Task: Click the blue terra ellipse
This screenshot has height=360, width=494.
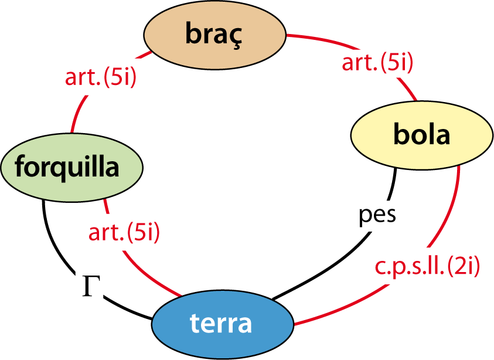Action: pyautogui.click(x=222, y=323)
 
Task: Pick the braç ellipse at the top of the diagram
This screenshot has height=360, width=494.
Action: pyautogui.click(x=214, y=34)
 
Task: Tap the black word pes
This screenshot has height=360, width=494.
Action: pyautogui.click(x=377, y=213)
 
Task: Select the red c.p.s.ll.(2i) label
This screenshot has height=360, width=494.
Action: pyautogui.click(x=427, y=266)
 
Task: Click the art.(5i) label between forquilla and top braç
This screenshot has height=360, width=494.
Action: pyautogui.click(x=100, y=77)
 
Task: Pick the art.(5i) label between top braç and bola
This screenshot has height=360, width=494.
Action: pyautogui.click(x=378, y=62)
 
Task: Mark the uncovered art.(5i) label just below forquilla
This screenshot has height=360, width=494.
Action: pyautogui.click(x=124, y=232)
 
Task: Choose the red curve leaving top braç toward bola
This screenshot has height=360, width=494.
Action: pyautogui.click(x=316, y=39)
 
